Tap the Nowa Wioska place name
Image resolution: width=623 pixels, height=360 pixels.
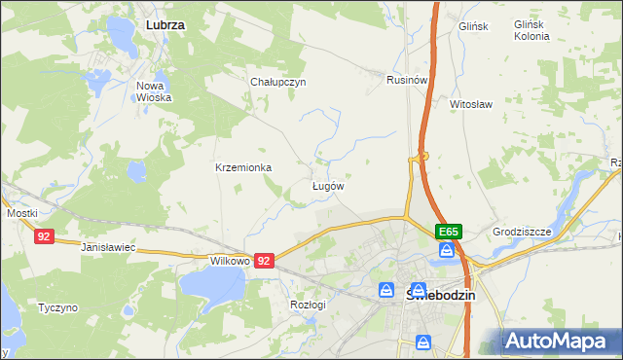click(154, 91)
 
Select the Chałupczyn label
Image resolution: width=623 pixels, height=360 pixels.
click(278, 82)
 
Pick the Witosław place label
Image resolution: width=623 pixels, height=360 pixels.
click(473, 102)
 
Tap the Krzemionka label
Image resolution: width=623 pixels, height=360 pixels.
click(243, 167)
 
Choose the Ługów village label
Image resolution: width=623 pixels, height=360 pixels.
click(327, 185)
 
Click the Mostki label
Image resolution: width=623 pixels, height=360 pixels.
click(21, 213)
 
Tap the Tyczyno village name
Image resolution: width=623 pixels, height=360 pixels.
click(57, 307)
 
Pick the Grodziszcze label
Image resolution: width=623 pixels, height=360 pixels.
click(522, 232)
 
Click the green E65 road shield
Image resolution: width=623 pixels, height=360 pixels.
click(448, 232)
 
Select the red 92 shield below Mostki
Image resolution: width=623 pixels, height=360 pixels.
click(43, 236)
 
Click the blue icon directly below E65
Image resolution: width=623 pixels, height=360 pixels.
click(447, 251)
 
